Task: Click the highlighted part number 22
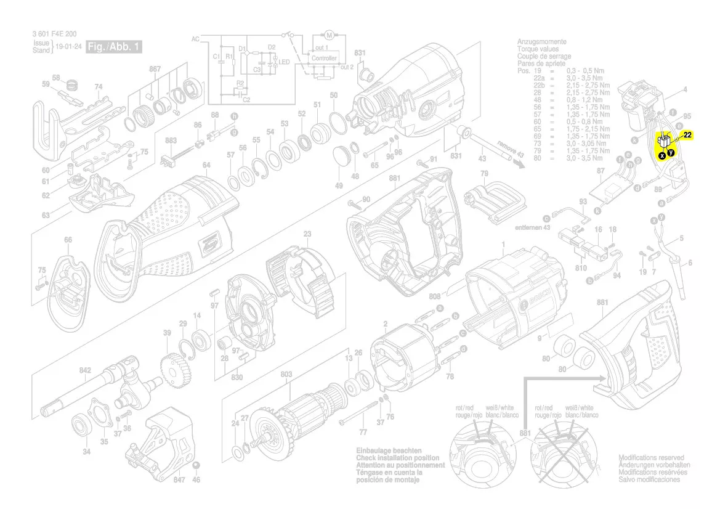point(688,135)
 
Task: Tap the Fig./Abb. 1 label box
point(114,47)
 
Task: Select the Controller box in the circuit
point(324,58)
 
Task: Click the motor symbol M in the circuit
point(328,33)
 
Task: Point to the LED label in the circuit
point(285,62)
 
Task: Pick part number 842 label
point(85,370)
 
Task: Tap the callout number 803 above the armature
point(286,374)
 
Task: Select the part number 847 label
point(179,479)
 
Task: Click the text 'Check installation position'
point(397,458)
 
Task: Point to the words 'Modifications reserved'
point(651,458)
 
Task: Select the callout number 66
point(68,240)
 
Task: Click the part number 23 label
point(307,234)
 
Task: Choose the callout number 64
point(206,165)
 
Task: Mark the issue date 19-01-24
point(69,47)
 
